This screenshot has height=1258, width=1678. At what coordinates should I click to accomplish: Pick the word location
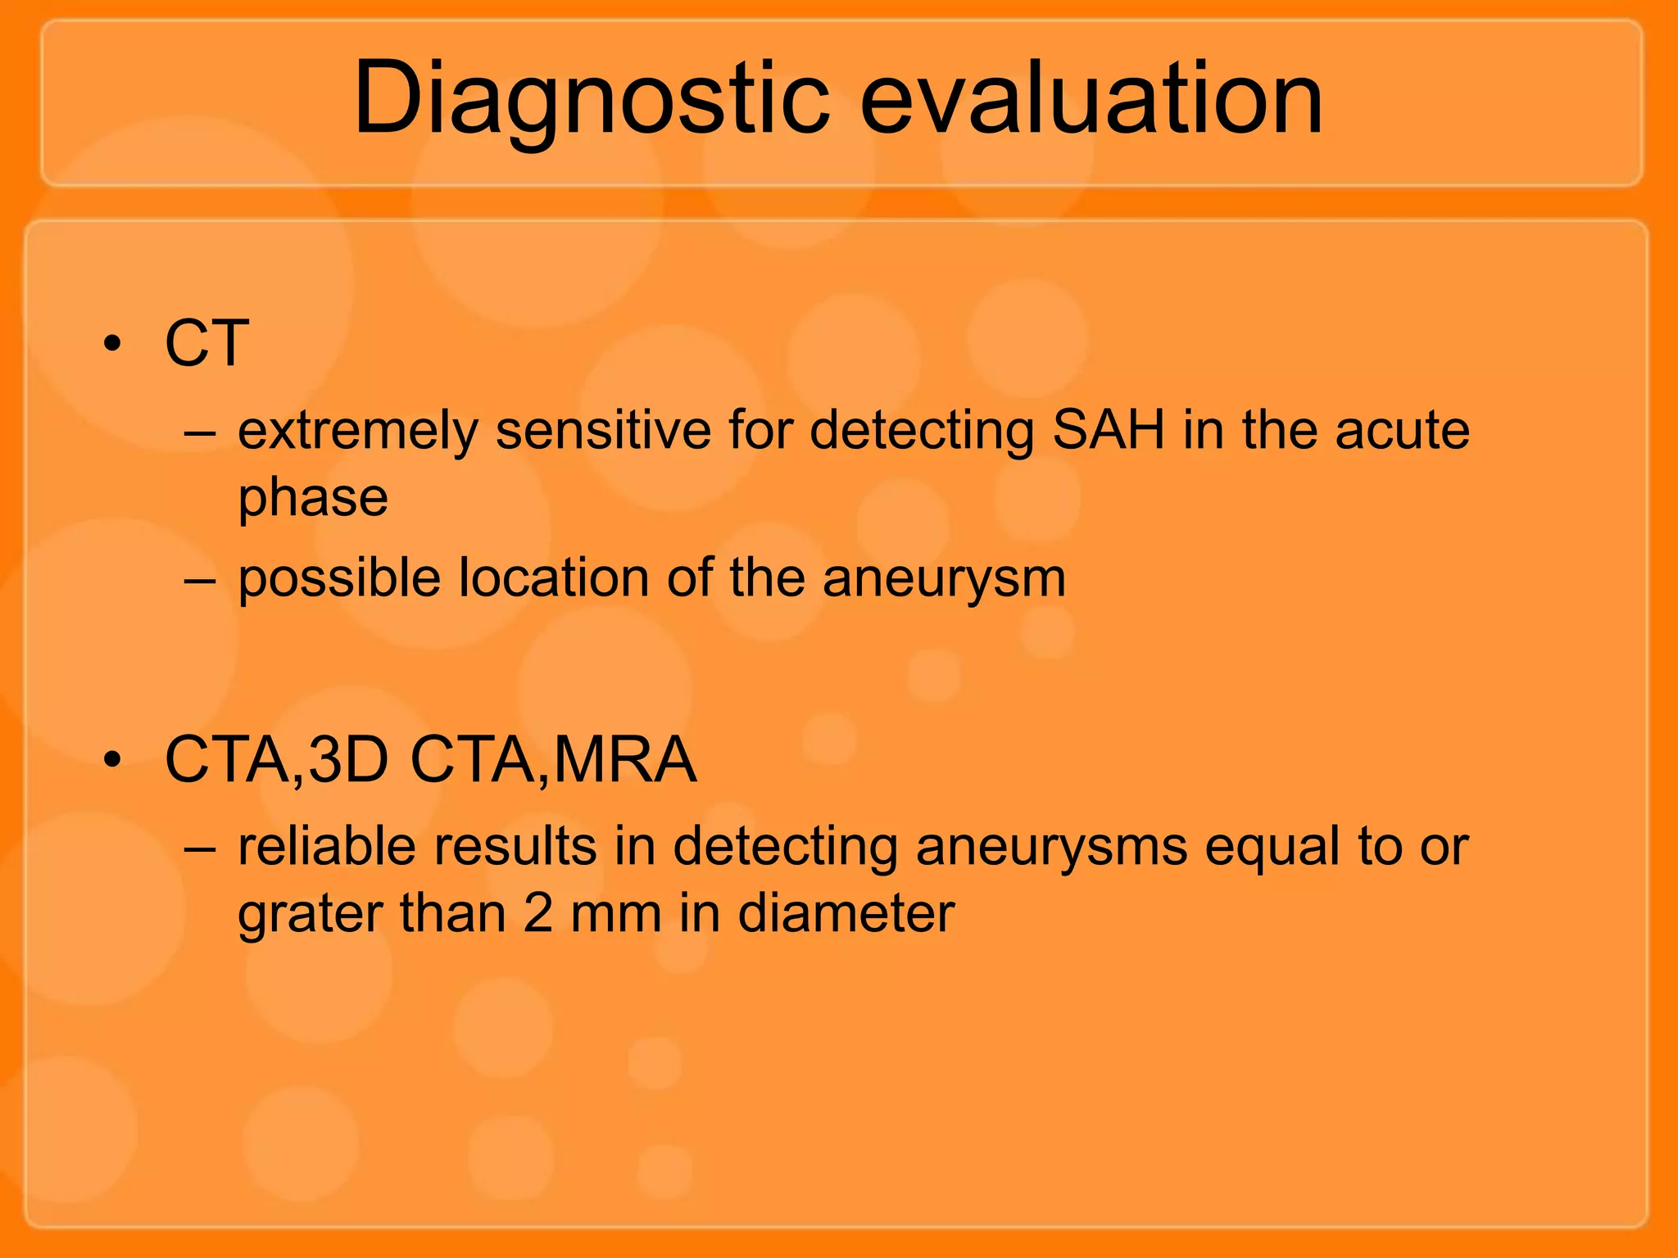click(x=554, y=578)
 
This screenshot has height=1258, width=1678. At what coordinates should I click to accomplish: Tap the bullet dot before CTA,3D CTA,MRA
click(x=112, y=761)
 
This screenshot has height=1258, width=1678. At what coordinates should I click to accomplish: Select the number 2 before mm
click(x=537, y=914)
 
